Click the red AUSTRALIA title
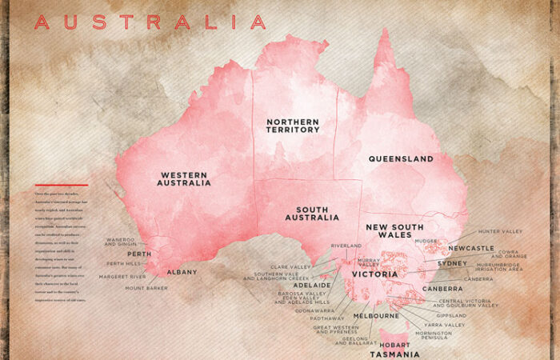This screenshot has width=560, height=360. point(150,22)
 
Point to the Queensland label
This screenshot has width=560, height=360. point(401,159)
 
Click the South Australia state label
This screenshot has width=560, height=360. point(312,213)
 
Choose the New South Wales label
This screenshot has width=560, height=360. point(394,231)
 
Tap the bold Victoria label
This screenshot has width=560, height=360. point(374,274)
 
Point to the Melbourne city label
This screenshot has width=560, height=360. point(377,316)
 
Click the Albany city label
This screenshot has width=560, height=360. point(182,272)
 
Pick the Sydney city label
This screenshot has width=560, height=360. point(452,263)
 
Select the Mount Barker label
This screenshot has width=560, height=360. point(146,288)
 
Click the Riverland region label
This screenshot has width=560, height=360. point(346,246)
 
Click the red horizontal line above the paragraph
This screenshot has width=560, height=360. point(61,186)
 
